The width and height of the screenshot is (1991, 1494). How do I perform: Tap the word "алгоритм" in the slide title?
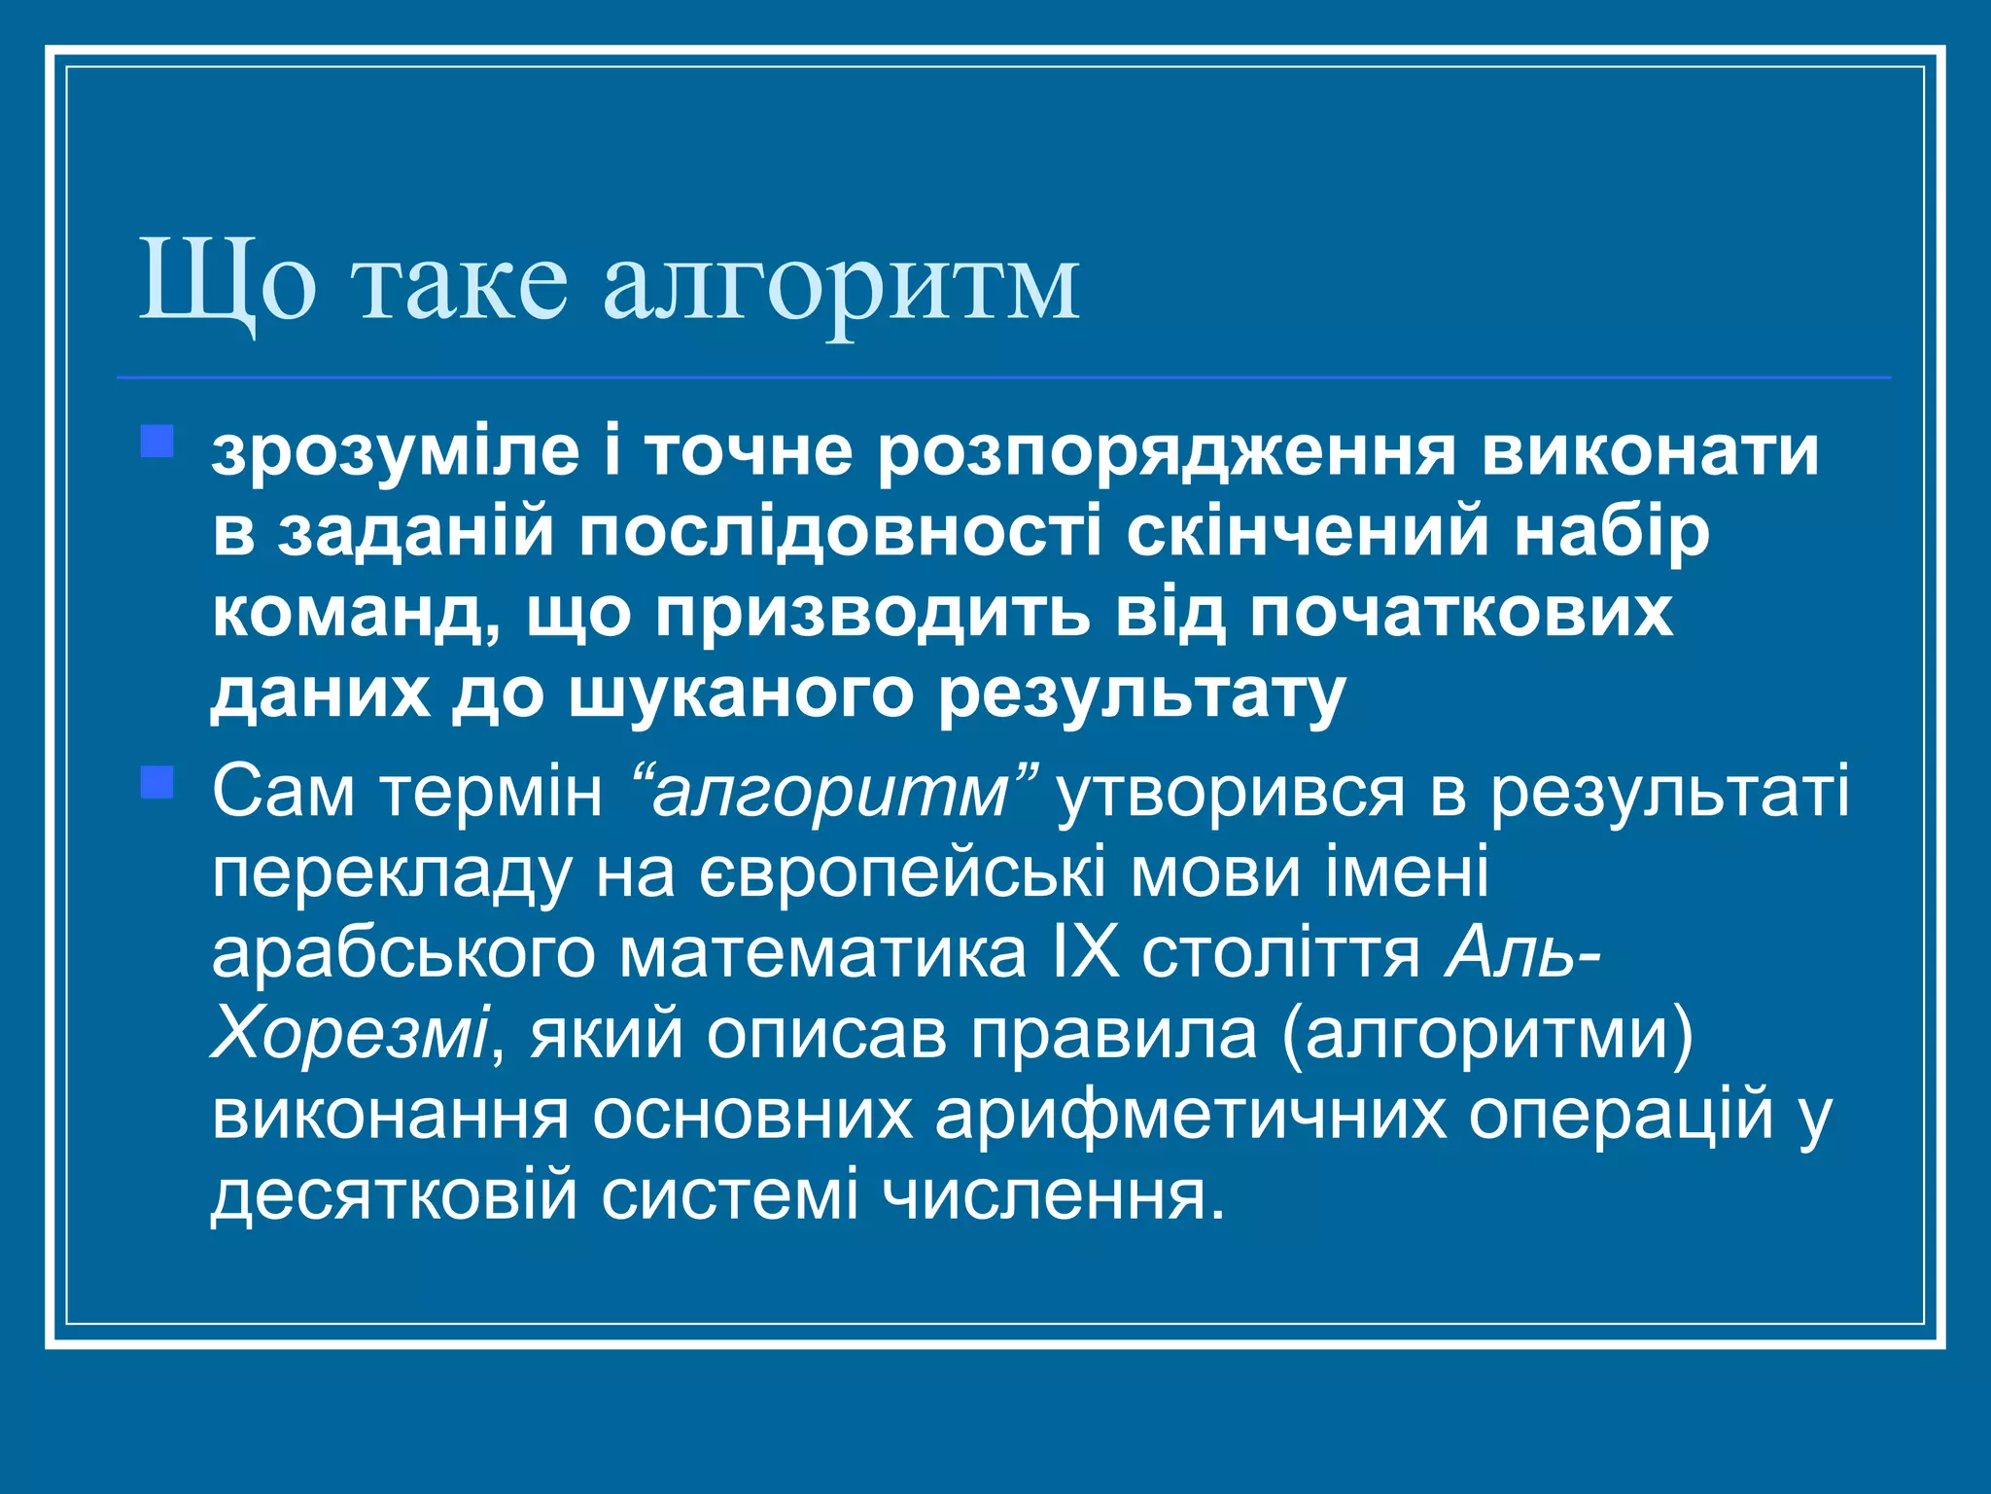coord(841,283)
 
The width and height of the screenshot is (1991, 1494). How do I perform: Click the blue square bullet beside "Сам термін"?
coord(157,782)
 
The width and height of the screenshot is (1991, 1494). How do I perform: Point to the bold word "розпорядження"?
coord(1166,453)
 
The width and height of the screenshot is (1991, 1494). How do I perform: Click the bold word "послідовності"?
coord(841,534)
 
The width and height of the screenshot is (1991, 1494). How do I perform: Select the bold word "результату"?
coord(1142,695)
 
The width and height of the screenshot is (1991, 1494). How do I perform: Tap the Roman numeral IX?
coord(1085,953)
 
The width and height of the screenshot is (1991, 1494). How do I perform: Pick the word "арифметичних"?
coord(1190,1115)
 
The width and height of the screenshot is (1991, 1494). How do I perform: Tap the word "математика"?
coord(823,953)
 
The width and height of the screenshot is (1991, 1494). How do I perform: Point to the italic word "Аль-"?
coord(1522,953)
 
